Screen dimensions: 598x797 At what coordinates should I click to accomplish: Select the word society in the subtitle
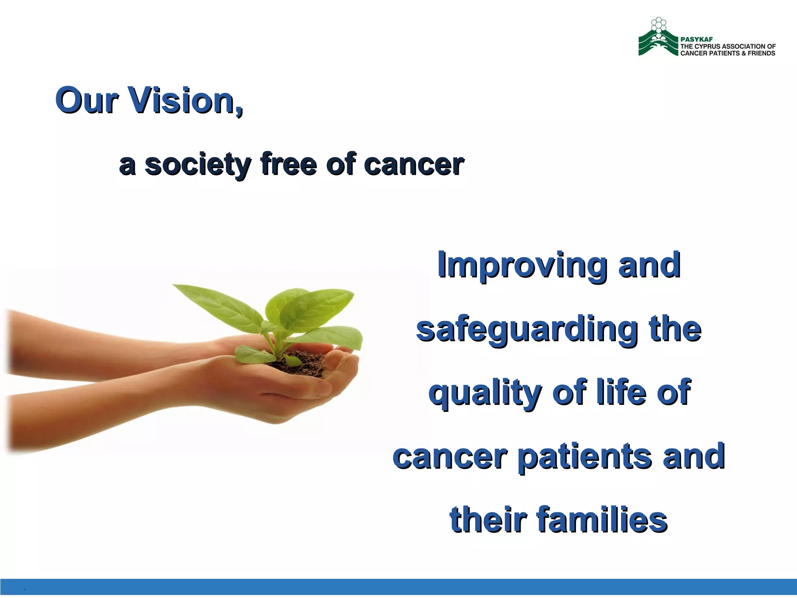197,164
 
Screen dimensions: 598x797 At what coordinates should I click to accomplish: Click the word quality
485,393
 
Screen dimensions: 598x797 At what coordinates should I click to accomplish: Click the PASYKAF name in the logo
696,39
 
